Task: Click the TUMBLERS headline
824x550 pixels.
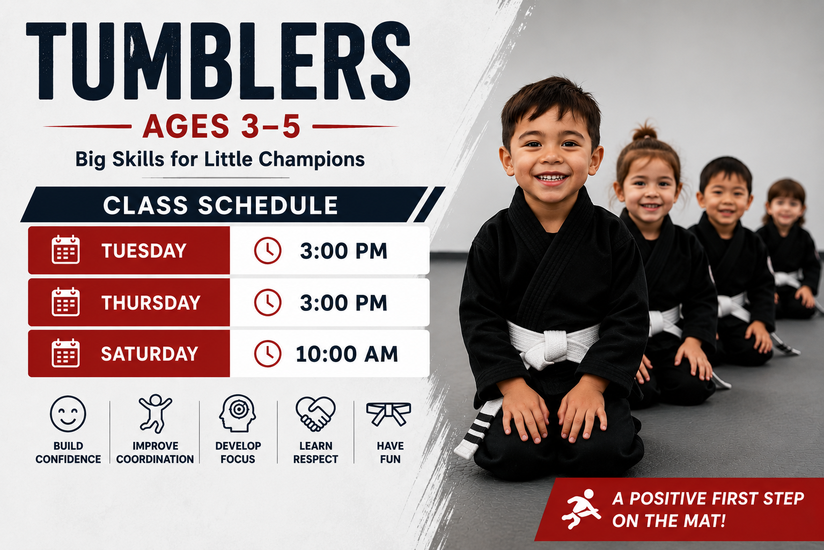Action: pyautogui.click(x=218, y=61)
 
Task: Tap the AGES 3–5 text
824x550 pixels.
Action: pyautogui.click(x=222, y=126)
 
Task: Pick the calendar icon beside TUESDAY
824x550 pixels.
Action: pyautogui.click(x=65, y=250)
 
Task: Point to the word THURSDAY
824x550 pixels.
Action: pyautogui.click(x=151, y=303)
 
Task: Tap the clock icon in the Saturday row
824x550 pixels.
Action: pyautogui.click(x=268, y=353)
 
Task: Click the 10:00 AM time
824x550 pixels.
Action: pyautogui.click(x=347, y=354)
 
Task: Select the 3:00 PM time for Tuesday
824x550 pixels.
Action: pyautogui.click(x=343, y=251)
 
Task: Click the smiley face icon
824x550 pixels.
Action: pyautogui.click(x=68, y=414)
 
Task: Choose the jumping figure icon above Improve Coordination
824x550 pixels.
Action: pyautogui.click(x=155, y=414)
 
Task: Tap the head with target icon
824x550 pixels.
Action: pyautogui.click(x=238, y=413)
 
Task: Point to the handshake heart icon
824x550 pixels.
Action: pyautogui.click(x=315, y=414)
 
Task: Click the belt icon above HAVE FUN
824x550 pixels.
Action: pyautogui.click(x=389, y=414)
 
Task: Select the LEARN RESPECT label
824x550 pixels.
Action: pyautogui.click(x=315, y=452)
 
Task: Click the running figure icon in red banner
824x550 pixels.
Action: pyautogui.click(x=581, y=509)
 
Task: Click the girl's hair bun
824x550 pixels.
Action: pyautogui.click(x=644, y=132)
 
